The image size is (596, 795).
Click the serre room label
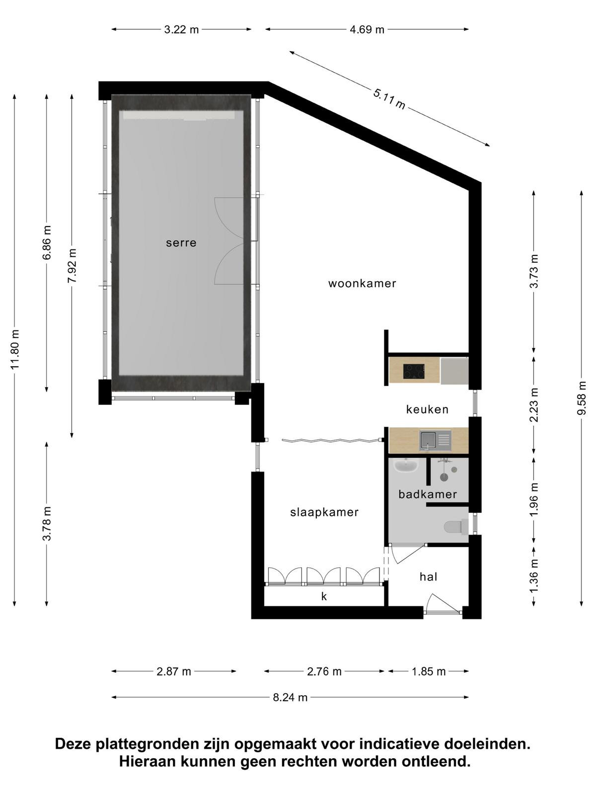point(181,242)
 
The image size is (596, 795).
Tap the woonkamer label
point(362,283)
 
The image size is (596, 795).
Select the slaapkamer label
point(324,512)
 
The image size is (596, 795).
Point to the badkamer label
point(427,494)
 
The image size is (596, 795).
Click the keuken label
point(427,409)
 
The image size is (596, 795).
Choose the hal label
point(429,576)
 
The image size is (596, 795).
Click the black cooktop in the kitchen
point(414,371)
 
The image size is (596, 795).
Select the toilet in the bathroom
point(455,527)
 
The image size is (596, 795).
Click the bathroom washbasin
point(406,465)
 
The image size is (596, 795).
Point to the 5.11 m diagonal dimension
point(389,99)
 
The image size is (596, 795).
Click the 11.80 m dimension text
point(14,349)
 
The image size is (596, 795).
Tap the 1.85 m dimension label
point(429,672)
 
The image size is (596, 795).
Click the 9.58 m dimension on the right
point(581,397)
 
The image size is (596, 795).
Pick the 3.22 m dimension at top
point(181,29)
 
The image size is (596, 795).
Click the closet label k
point(324,596)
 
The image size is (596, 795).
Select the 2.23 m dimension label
point(534,404)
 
